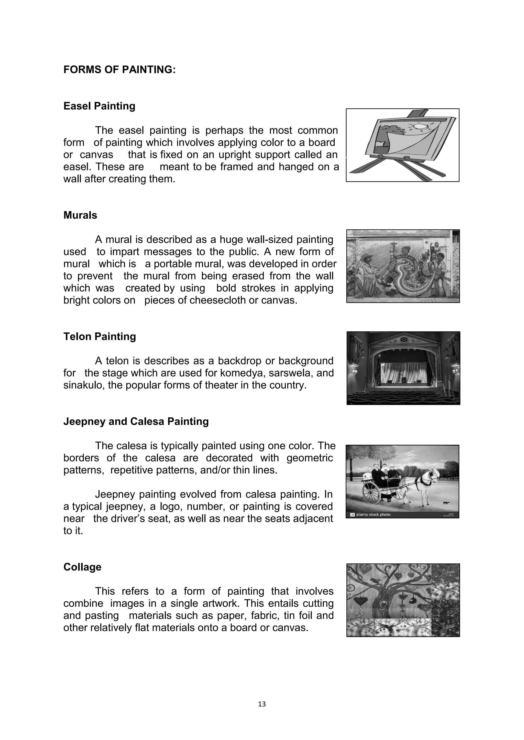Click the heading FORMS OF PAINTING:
(x=119, y=70)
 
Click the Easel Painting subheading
(x=99, y=106)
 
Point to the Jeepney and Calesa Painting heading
(x=136, y=421)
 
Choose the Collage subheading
(x=82, y=567)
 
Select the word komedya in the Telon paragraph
(x=241, y=373)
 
